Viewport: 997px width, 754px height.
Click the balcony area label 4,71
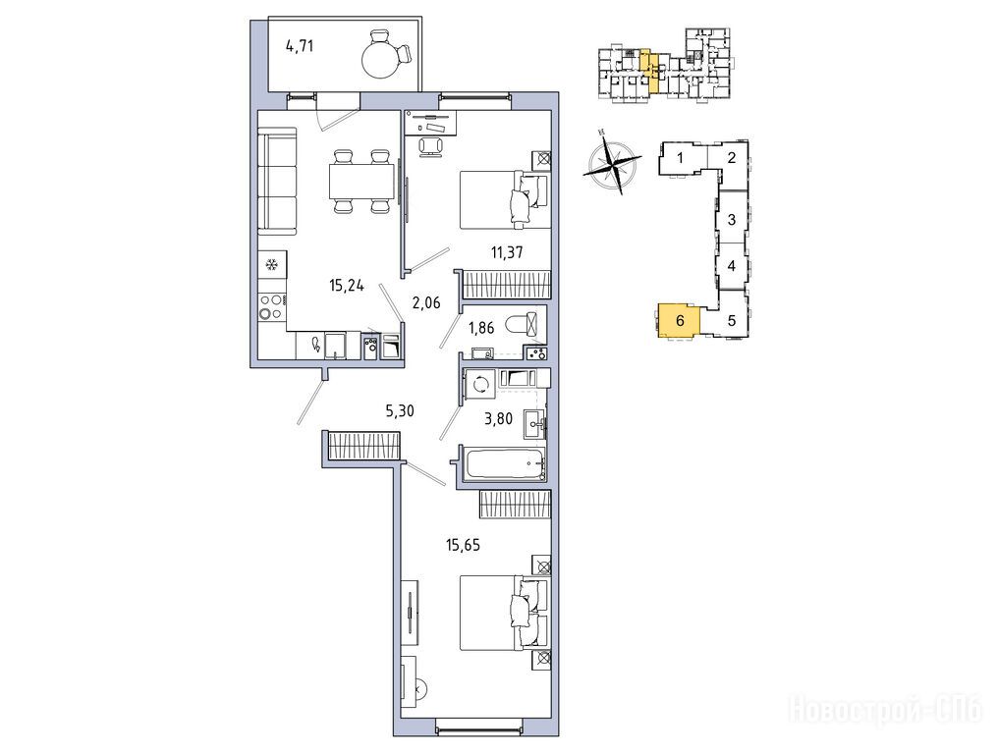[300, 46]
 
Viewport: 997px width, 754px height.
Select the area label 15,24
[347, 286]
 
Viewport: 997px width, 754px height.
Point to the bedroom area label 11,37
[507, 252]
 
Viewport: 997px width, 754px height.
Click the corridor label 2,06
[426, 302]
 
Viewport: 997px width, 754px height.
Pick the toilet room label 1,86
[481, 328]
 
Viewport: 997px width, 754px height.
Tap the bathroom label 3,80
[499, 418]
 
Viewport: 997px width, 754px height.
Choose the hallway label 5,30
[400, 411]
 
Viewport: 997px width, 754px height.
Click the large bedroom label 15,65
[463, 545]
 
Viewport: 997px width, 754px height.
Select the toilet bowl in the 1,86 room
[526, 326]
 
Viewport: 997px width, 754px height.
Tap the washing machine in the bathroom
[480, 385]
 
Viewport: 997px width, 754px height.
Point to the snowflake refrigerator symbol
[272, 264]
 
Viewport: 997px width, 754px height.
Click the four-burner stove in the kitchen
[272, 307]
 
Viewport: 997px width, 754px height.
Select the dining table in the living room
[360, 182]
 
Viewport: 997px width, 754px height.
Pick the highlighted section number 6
[681, 320]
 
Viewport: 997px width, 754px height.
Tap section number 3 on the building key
[731, 220]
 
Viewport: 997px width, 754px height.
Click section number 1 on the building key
[680, 158]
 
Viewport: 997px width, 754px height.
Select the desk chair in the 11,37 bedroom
[431, 145]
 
